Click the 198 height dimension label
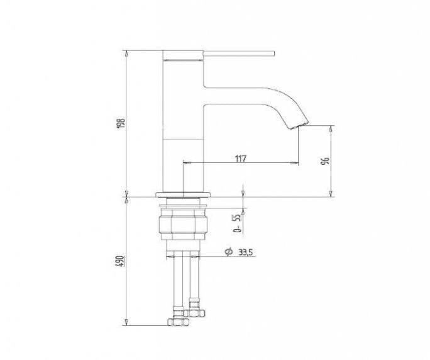tap(121, 123)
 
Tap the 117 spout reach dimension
tap(241, 159)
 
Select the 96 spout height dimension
tap(325, 160)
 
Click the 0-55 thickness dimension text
tap(237, 223)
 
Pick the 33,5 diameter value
tap(245, 252)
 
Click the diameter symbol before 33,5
tap(229, 252)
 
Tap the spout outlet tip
tap(299, 125)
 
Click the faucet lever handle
tap(239, 53)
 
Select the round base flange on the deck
tap(184, 194)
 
